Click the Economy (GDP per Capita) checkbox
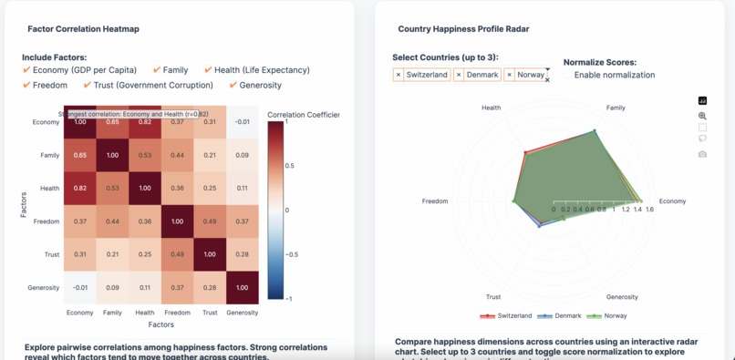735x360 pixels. coord(27,70)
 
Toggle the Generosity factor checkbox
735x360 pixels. coord(234,86)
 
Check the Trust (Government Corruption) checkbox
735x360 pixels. coord(88,86)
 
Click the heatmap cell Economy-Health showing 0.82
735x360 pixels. coord(145,122)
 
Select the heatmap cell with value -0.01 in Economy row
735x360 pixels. coord(242,122)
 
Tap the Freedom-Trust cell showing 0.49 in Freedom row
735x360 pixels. coord(210,221)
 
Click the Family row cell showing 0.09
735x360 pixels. coord(242,156)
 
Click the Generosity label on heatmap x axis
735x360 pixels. coord(242,313)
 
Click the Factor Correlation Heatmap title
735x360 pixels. coord(83,29)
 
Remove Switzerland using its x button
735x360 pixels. coord(399,75)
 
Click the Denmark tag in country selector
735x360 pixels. coord(482,75)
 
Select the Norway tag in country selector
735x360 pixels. coord(531,75)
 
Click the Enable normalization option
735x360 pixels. coord(614,75)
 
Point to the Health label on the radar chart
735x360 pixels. coord(491,108)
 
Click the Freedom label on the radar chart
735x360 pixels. coord(435,201)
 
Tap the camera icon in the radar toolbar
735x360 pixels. coord(702,154)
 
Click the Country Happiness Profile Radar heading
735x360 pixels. coord(463,29)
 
